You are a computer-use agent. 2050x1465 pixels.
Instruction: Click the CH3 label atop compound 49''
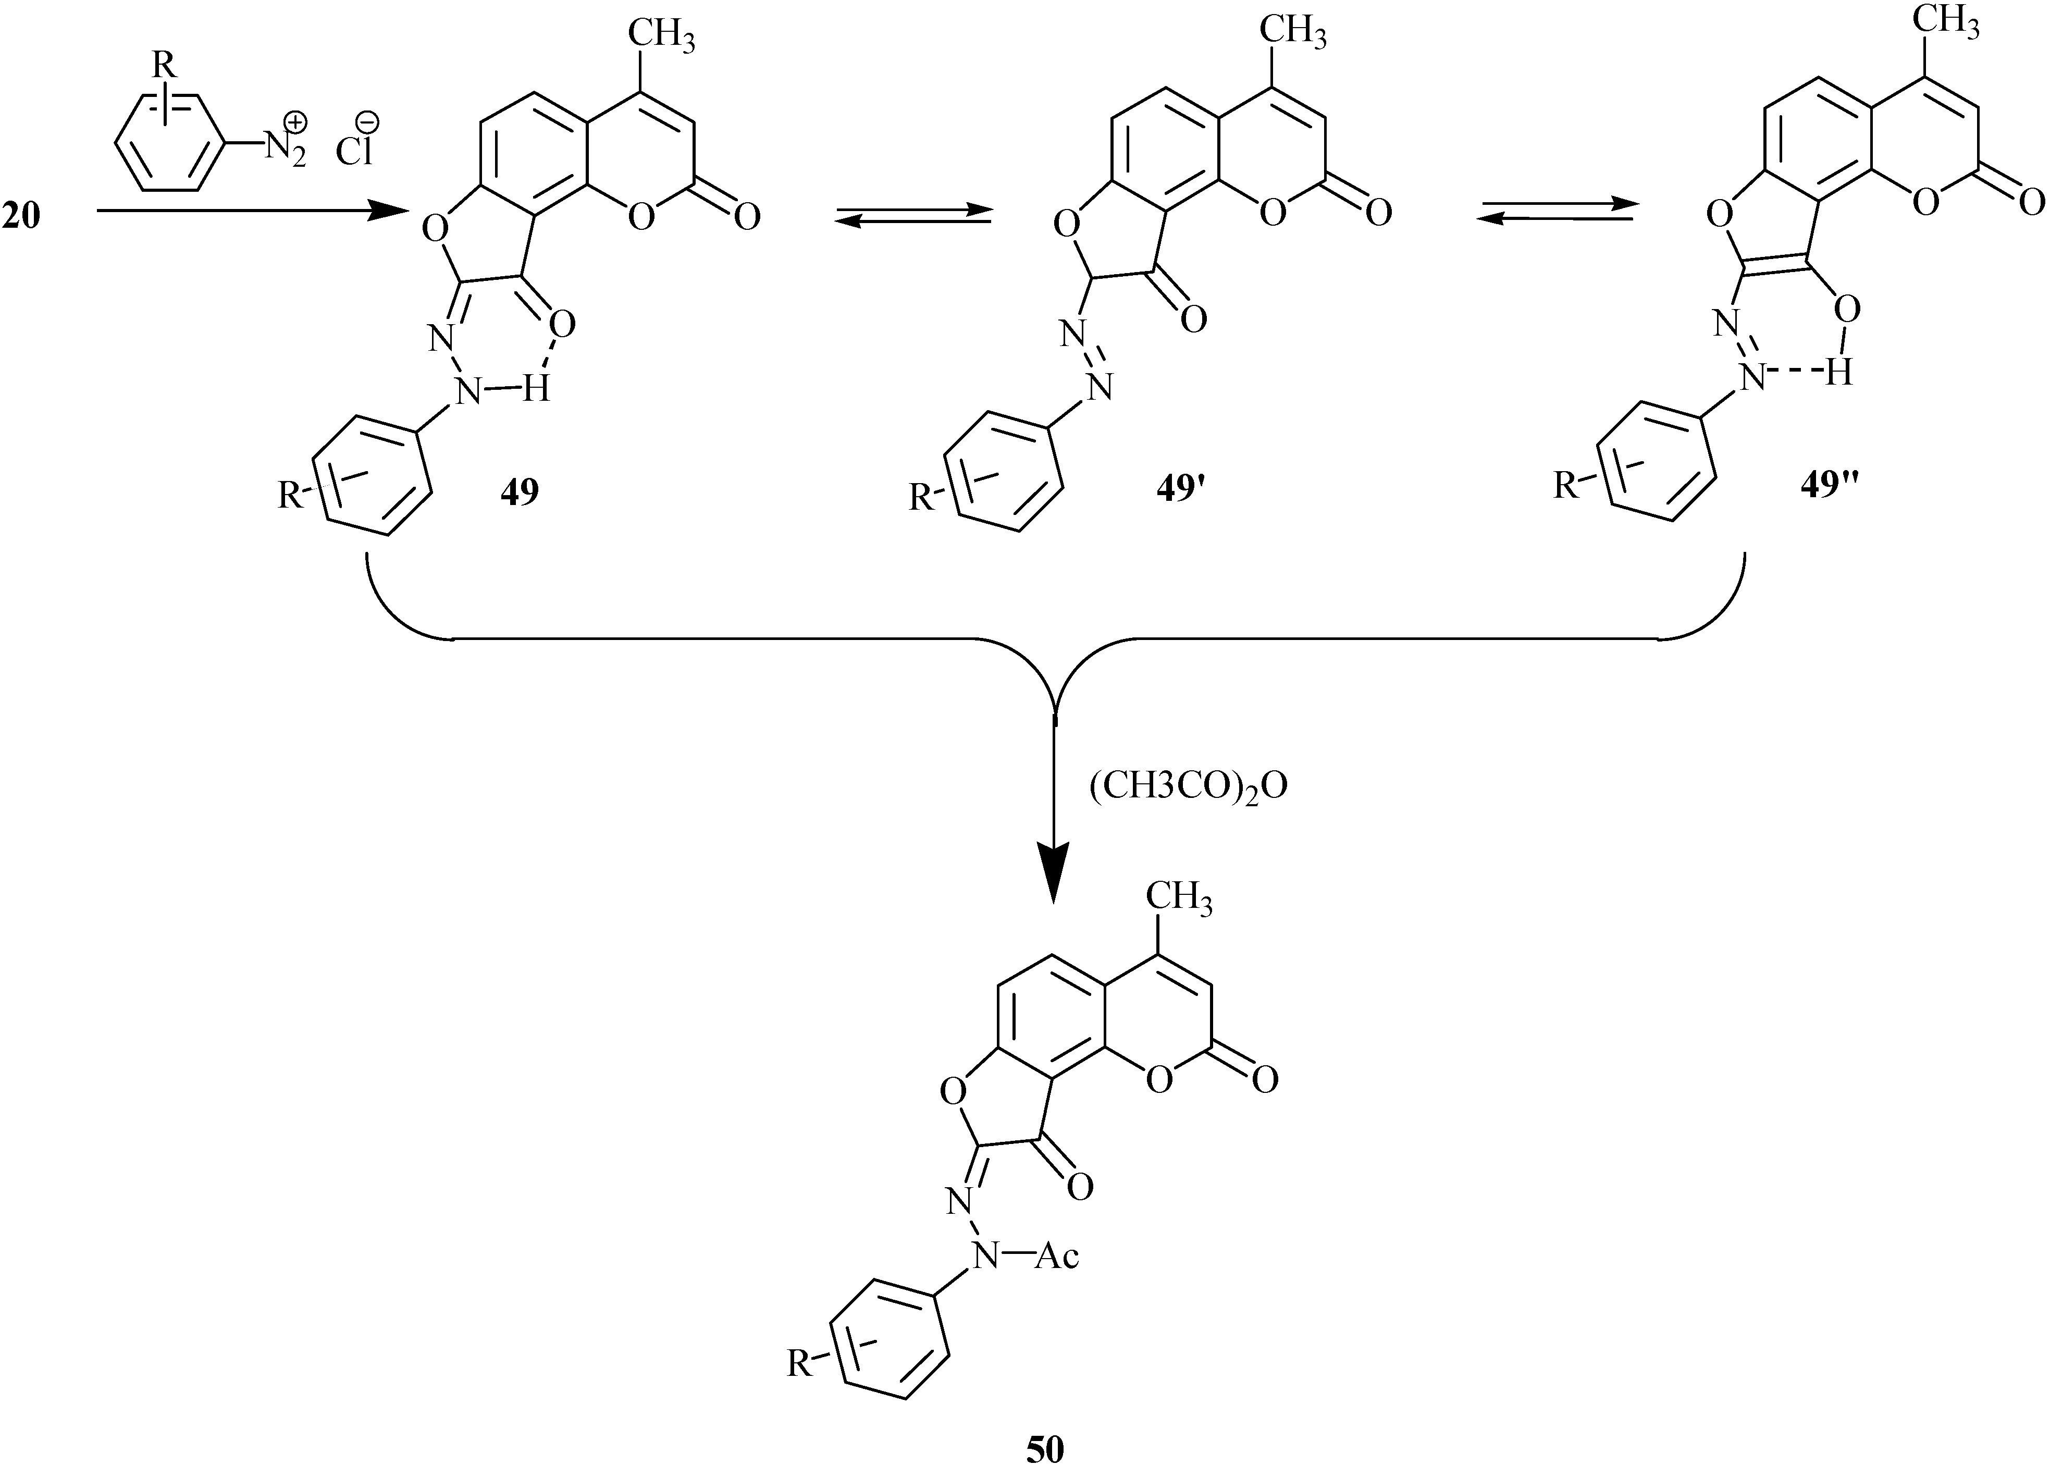tap(1946, 22)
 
